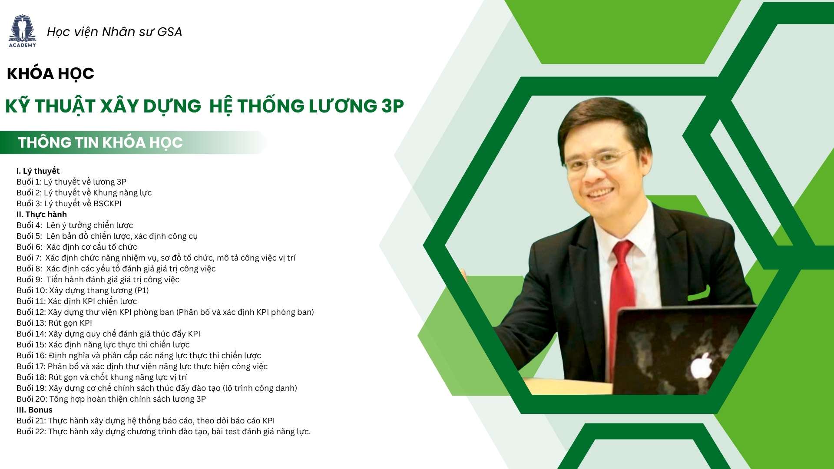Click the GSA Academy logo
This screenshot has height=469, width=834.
[23, 31]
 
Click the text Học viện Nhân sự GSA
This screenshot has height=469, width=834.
[114, 32]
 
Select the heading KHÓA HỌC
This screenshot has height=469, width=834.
[50, 74]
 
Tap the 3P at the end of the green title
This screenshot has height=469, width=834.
[393, 106]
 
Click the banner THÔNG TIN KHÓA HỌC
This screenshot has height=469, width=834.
[100, 142]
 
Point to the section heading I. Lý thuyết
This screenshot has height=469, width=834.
[38, 171]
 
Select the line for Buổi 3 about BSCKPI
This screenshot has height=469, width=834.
[69, 204]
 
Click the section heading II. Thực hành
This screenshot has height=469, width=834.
[42, 215]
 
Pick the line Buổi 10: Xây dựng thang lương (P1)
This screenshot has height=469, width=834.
[83, 291]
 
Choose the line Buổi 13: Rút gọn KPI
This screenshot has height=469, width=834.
[54, 323]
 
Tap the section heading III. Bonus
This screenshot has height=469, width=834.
[34, 410]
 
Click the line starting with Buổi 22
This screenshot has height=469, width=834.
[164, 432]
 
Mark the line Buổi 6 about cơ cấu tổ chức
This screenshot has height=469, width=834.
[77, 247]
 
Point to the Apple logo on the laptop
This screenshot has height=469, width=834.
[702, 366]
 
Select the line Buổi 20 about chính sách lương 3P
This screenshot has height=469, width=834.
[111, 399]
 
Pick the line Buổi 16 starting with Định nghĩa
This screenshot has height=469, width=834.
[139, 356]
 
